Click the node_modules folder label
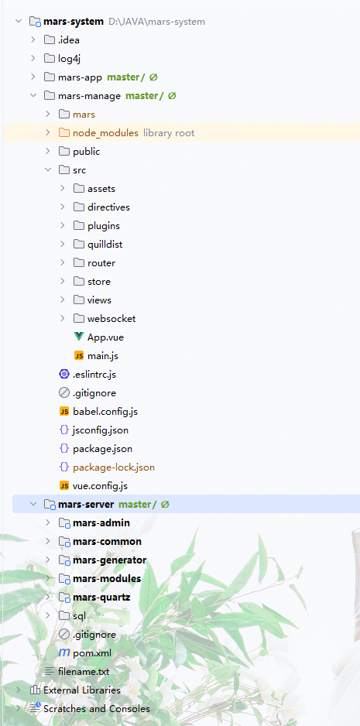click(105, 133)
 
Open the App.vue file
click(105, 337)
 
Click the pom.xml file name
click(92, 652)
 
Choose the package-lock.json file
click(114, 467)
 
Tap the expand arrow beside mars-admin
click(48, 522)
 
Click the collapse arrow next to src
click(48, 170)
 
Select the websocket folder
click(111, 319)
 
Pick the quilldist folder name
click(105, 244)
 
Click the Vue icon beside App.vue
click(79, 337)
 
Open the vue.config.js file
click(100, 486)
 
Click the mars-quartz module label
click(101, 598)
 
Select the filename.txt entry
click(84, 671)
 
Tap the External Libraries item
click(82, 690)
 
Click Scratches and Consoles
click(97, 708)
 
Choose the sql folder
click(79, 616)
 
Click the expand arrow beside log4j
click(33, 58)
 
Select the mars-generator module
click(109, 560)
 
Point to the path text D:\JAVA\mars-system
click(156, 22)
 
